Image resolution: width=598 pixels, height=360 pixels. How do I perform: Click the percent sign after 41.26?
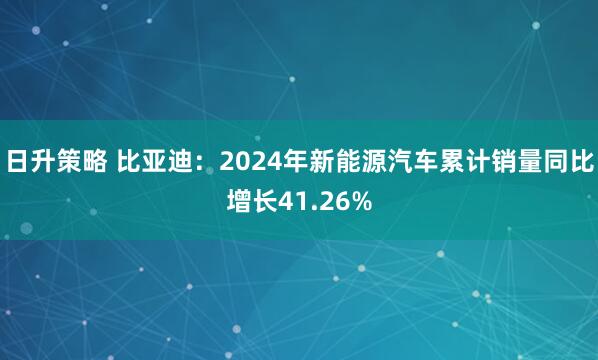361,202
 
